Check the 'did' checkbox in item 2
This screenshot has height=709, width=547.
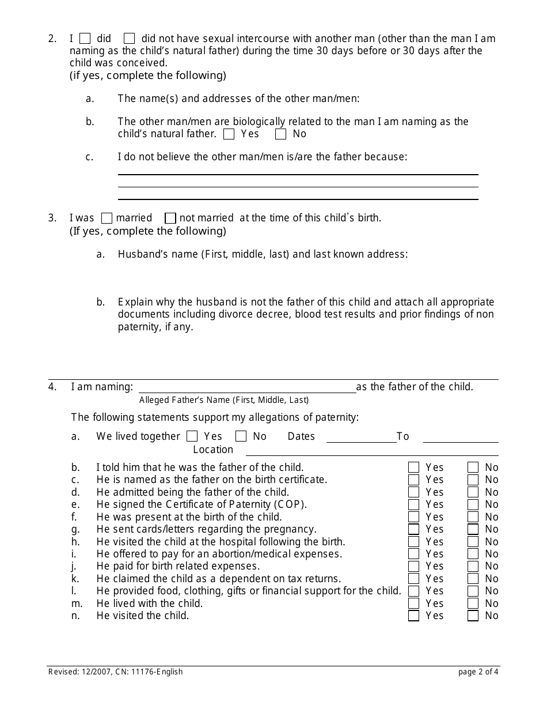tap(85, 39)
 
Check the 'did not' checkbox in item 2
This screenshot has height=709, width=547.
tap(130, 39)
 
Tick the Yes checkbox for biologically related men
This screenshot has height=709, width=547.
tap(229, 134)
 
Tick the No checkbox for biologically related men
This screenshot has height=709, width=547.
tap(281, 134)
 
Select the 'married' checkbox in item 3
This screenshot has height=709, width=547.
tap(107, 218)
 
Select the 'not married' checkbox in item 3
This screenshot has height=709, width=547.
tap(170, 218)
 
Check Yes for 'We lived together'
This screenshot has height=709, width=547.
tap(192, 436)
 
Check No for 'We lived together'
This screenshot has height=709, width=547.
tap(241, 436)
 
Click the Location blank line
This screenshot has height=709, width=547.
tap(372, 450)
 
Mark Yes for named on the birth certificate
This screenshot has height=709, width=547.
tap(413, 480)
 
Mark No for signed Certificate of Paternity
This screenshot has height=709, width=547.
tap(473, 504)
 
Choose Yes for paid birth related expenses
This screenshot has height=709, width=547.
tap(413, 567)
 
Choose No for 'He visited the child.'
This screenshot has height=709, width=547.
tap(473, 616)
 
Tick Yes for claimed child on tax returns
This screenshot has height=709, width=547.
tap(413, 579)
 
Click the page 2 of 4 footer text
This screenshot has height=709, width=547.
tap(478, 672)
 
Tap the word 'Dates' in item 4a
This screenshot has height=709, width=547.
tap(301, 436)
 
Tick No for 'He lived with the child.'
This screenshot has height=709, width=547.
tap(473, 604)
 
